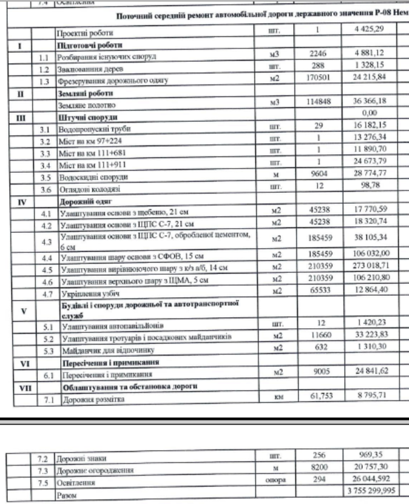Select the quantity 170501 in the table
tap(318, 79)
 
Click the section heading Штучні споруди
tap(79, 118)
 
